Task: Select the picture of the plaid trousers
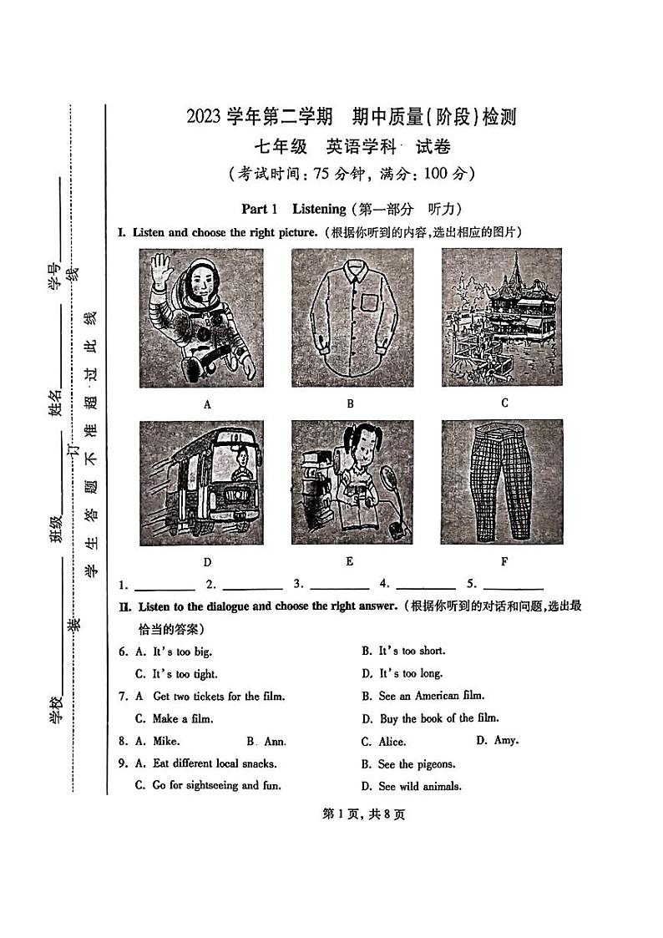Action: [503, 482]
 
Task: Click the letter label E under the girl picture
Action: [350, 561]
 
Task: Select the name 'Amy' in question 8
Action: [506, 740]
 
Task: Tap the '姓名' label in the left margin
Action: [55, 403]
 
